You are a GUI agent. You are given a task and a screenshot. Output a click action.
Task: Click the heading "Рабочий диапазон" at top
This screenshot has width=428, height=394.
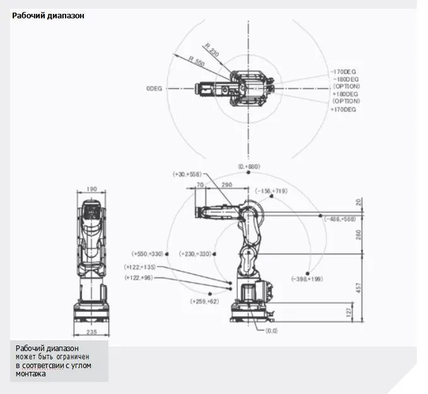coord(48,16)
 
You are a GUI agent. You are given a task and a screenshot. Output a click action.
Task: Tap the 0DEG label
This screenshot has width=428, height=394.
coord(154,89)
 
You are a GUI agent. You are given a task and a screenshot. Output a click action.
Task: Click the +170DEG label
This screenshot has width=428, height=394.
coord(344,109)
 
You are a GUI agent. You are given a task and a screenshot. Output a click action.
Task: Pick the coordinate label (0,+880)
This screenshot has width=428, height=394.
coord(248,166)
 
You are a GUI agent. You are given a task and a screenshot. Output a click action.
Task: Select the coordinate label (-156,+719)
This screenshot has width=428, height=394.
coord(272,190)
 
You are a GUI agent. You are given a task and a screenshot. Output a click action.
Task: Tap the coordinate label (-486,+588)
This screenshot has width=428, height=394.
coord(340,218)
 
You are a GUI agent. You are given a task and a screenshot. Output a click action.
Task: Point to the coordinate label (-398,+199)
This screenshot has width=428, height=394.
coord(307,278)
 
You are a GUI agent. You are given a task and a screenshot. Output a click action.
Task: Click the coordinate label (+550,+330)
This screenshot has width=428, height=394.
coord(148,254)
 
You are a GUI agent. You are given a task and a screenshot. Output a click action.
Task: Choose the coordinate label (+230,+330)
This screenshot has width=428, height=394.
coord(195,254)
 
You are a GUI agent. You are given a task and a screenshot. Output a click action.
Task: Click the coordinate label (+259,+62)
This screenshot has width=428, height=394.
coord(204,302)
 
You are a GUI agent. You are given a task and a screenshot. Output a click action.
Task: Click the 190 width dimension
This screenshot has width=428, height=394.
coord(92,188)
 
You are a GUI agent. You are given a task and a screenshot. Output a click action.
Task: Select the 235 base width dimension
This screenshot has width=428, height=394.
coord(92,331)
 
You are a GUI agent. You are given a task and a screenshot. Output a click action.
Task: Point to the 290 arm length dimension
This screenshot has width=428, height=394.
coord(228,184)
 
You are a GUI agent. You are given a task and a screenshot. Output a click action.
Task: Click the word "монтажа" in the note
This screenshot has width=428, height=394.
coord(31,374)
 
